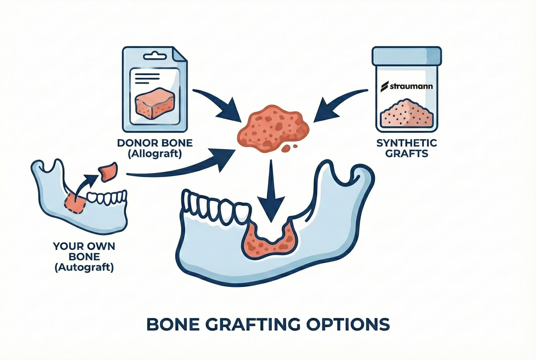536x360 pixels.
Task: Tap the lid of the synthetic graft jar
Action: (x=407, y=55)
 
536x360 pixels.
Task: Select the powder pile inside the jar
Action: (x=406, y=114)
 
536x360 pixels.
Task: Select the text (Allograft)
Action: (x=155, y=154)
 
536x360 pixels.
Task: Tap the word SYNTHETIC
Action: (x=407, y=143)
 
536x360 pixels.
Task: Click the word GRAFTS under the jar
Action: (x=407, y=154)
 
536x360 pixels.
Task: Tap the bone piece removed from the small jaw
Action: (x=108, y=171)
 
